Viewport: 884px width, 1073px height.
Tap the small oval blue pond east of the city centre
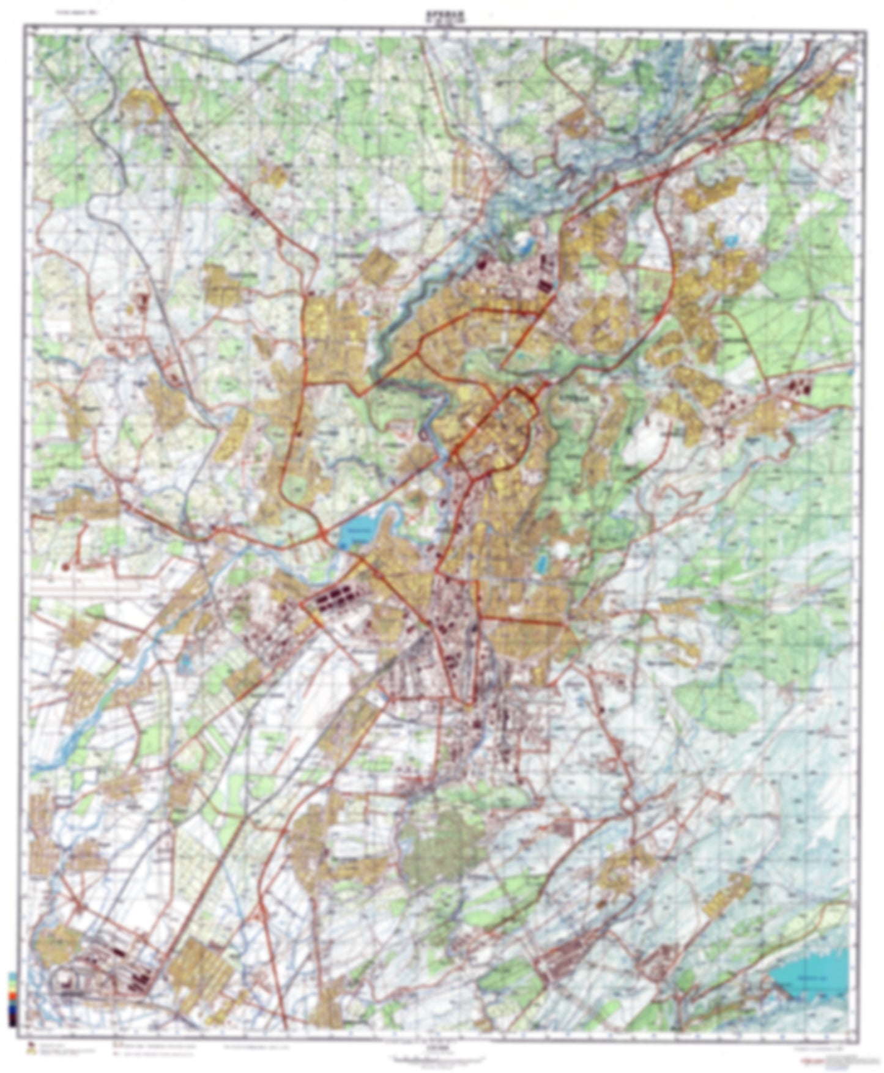pyautogui.click(x=541, y=562)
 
